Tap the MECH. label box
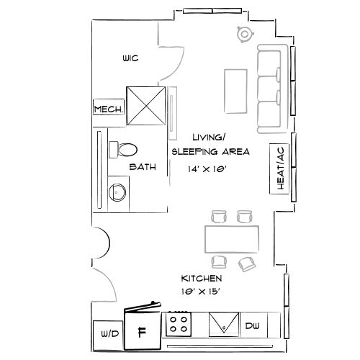point(108,109)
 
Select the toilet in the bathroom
point(125,149)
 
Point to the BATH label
point(143,167)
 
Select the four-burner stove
point(180,324)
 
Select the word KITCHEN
point(201,278)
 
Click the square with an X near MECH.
point(146,107)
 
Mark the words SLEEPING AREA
point(210,152)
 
